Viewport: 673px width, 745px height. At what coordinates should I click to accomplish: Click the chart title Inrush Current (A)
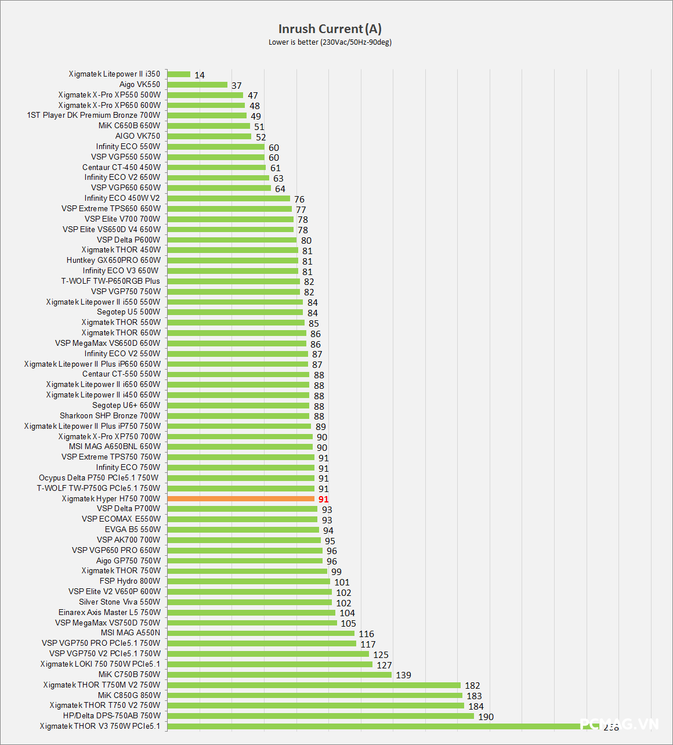tap(330, 29)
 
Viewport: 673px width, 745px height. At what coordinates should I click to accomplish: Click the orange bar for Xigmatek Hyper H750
tap(241, 499)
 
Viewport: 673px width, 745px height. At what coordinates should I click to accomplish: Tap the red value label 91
tap(323, 500)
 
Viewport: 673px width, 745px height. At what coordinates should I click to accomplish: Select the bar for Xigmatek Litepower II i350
tap(179, 74)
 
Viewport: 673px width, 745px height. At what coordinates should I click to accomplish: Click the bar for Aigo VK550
tap(197, 85)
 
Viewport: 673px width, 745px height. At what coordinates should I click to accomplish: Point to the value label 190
tap(486, 717)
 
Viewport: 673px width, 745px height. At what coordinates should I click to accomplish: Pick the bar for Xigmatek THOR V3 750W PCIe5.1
tap(377, 726)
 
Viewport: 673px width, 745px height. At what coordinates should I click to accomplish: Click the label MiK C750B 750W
tap(129, 674)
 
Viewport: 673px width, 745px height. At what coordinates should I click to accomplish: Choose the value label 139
tap(403, 675)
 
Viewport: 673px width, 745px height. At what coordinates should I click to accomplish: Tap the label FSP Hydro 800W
tap(130, 581)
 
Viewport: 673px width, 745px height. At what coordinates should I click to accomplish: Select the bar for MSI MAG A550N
tap(261, 633)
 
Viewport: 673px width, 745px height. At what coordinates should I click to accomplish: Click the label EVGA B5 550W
tap(133, 529)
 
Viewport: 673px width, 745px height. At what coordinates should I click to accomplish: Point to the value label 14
tap(200, 75)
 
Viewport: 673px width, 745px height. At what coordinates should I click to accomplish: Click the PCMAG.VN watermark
tap(620, 724)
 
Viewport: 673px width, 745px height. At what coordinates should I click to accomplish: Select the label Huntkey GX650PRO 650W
tap(114, 260)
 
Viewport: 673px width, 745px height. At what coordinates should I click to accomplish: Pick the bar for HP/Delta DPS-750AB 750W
tap(321, 716)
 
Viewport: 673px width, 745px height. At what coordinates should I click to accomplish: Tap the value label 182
tap(472, 686)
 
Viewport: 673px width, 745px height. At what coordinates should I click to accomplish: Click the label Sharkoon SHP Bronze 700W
tap(110, 415)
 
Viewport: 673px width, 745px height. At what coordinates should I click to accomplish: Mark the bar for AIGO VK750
tap(209, 136)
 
